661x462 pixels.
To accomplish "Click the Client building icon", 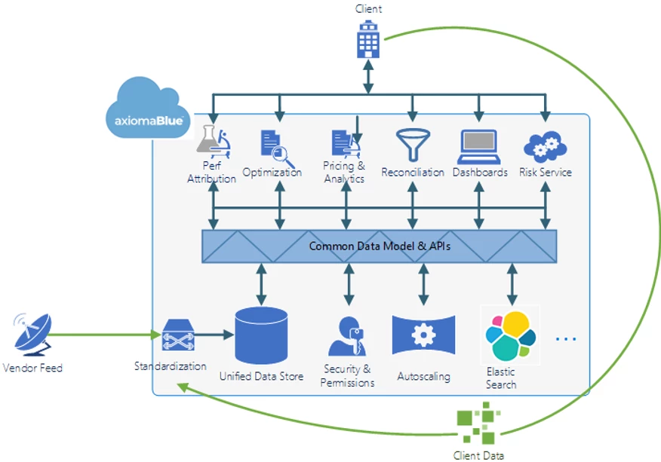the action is point(368,38).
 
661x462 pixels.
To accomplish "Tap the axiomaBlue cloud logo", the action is point(148,108).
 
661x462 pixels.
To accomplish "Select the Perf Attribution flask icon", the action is point(214,141).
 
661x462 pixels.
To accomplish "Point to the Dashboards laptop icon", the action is point(479,146).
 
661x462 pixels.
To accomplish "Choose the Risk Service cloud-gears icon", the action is point(545,146).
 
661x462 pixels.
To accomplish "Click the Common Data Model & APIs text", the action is point(380,246).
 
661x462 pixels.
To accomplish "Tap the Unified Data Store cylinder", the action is point(261,335).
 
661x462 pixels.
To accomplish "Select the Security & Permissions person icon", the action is point(347,336).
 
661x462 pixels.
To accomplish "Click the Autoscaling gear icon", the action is point(423,335).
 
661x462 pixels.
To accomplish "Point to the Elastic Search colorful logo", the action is point(510,335).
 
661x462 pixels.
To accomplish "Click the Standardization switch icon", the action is point(178,335).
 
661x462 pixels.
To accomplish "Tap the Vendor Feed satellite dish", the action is point(32,335).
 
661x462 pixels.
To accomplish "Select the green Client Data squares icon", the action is point(478,422).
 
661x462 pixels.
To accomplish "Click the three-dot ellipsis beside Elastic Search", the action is point(566,338).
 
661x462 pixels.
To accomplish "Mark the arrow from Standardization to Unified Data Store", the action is point(214,335).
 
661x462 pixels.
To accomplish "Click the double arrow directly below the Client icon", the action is point(368,76).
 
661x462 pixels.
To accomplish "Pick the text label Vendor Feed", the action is point(32,368).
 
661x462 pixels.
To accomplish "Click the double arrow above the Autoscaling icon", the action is point(423,284).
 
